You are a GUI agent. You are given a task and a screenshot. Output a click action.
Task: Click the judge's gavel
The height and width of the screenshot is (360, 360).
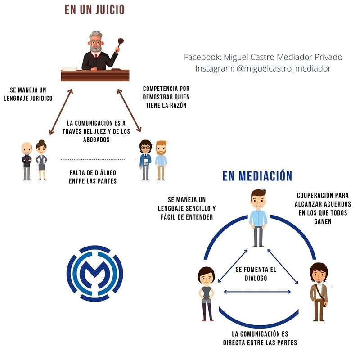click(120, 43)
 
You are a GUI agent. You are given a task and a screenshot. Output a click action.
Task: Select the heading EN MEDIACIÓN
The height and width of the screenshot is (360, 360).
click(257, 175)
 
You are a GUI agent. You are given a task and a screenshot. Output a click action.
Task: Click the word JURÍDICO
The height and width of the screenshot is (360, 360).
click(38, 98)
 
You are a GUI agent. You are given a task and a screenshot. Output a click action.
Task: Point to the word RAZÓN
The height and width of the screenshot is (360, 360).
click(176, 105)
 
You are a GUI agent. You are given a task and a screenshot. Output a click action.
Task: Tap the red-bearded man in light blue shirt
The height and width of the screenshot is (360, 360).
click(161, 160)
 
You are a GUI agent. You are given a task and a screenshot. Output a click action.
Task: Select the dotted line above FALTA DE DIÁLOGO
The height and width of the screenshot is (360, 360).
click(92, 159)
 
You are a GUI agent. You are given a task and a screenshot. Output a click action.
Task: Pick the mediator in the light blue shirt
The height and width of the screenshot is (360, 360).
click(258, 218)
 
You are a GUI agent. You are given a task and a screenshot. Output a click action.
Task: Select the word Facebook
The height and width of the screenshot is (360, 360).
click(200, 57)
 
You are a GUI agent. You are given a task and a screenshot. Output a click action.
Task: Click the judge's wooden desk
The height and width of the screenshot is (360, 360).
click(95, 75)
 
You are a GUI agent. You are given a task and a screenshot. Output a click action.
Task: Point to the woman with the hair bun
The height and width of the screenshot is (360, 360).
click(41, 160)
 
